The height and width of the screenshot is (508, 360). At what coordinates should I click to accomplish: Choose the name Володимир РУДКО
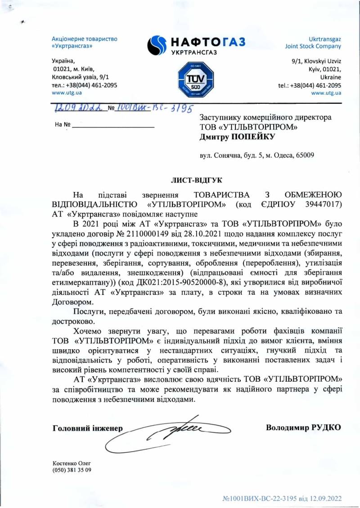click(303, 427)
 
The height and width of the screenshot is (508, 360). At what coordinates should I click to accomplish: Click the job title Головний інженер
click(88, 428)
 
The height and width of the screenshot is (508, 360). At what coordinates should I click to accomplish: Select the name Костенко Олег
click(68, 463)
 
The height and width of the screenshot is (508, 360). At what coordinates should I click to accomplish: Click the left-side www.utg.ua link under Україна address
click(67, 93)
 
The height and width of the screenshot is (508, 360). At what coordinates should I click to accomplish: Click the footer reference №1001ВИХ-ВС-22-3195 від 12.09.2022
click(283, 499)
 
